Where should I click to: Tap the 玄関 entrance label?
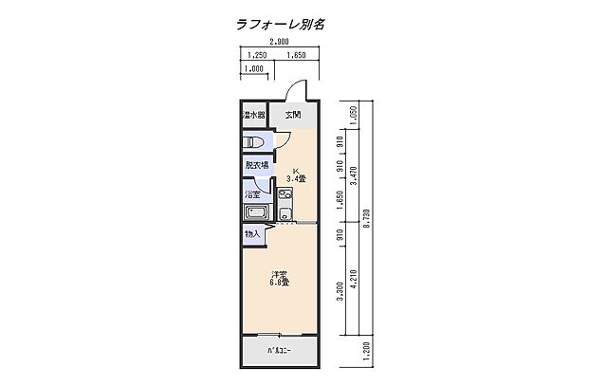(x=294, y=116)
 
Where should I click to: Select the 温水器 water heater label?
(x=253, y=116)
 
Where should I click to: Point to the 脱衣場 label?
(x=257, y=166)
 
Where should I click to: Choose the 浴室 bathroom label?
(x=253, y=194)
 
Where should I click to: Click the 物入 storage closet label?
(x=252, y=233)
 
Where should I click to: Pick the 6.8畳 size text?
(x=279, y=283)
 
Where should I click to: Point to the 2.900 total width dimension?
(x=279, y=43)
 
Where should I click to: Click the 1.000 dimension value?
(x=253, y=69)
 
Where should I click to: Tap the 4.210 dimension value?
(x=355, y=285)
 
